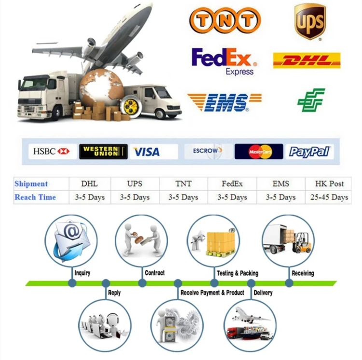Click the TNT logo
tap(225, 20)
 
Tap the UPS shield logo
tap(310, 21)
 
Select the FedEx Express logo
tap(224, 60)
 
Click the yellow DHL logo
tap(306, 60)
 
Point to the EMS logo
tap(224, 102)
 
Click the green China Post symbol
tap(311, 100)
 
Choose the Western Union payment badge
tap(103, 152)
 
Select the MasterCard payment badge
tap(259, 152)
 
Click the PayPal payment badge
tap(308, 152)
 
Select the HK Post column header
tap(330, 184)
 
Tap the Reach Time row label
tap(35, 197)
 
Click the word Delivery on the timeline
tap(263, 293)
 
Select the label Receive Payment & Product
tap(212, 293)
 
